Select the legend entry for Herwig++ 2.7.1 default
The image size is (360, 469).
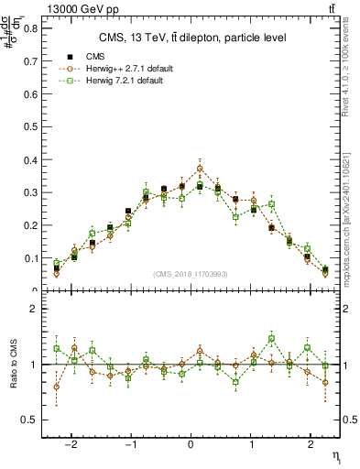pyautogui.click(x=124, y=69)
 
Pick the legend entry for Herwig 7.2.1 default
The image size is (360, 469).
pyautogui.click(x=120, y=82)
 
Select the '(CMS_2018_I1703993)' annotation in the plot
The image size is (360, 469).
pyautogui.click(x=191, y=273)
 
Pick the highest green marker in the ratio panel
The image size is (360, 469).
pyautogui.click(x=271, y=339)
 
